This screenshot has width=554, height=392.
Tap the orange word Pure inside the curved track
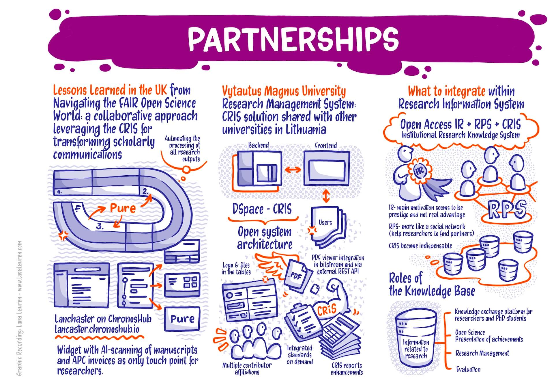point(123,208)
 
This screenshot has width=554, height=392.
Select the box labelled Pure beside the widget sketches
point(182,319)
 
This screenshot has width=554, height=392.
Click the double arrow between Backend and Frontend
point(292,170)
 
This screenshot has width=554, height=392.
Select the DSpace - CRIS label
point(262,209)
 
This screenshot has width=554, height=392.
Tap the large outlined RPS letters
point(507,209)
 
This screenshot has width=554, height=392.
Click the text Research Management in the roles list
point(482,353)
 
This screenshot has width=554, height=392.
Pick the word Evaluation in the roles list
point(468,369)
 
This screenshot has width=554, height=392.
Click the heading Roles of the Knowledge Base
point(431,284)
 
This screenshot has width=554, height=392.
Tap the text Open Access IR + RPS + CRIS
point(460,125)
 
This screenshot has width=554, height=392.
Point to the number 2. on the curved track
point(145,191)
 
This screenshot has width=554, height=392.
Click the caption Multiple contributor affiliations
point(247,369)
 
